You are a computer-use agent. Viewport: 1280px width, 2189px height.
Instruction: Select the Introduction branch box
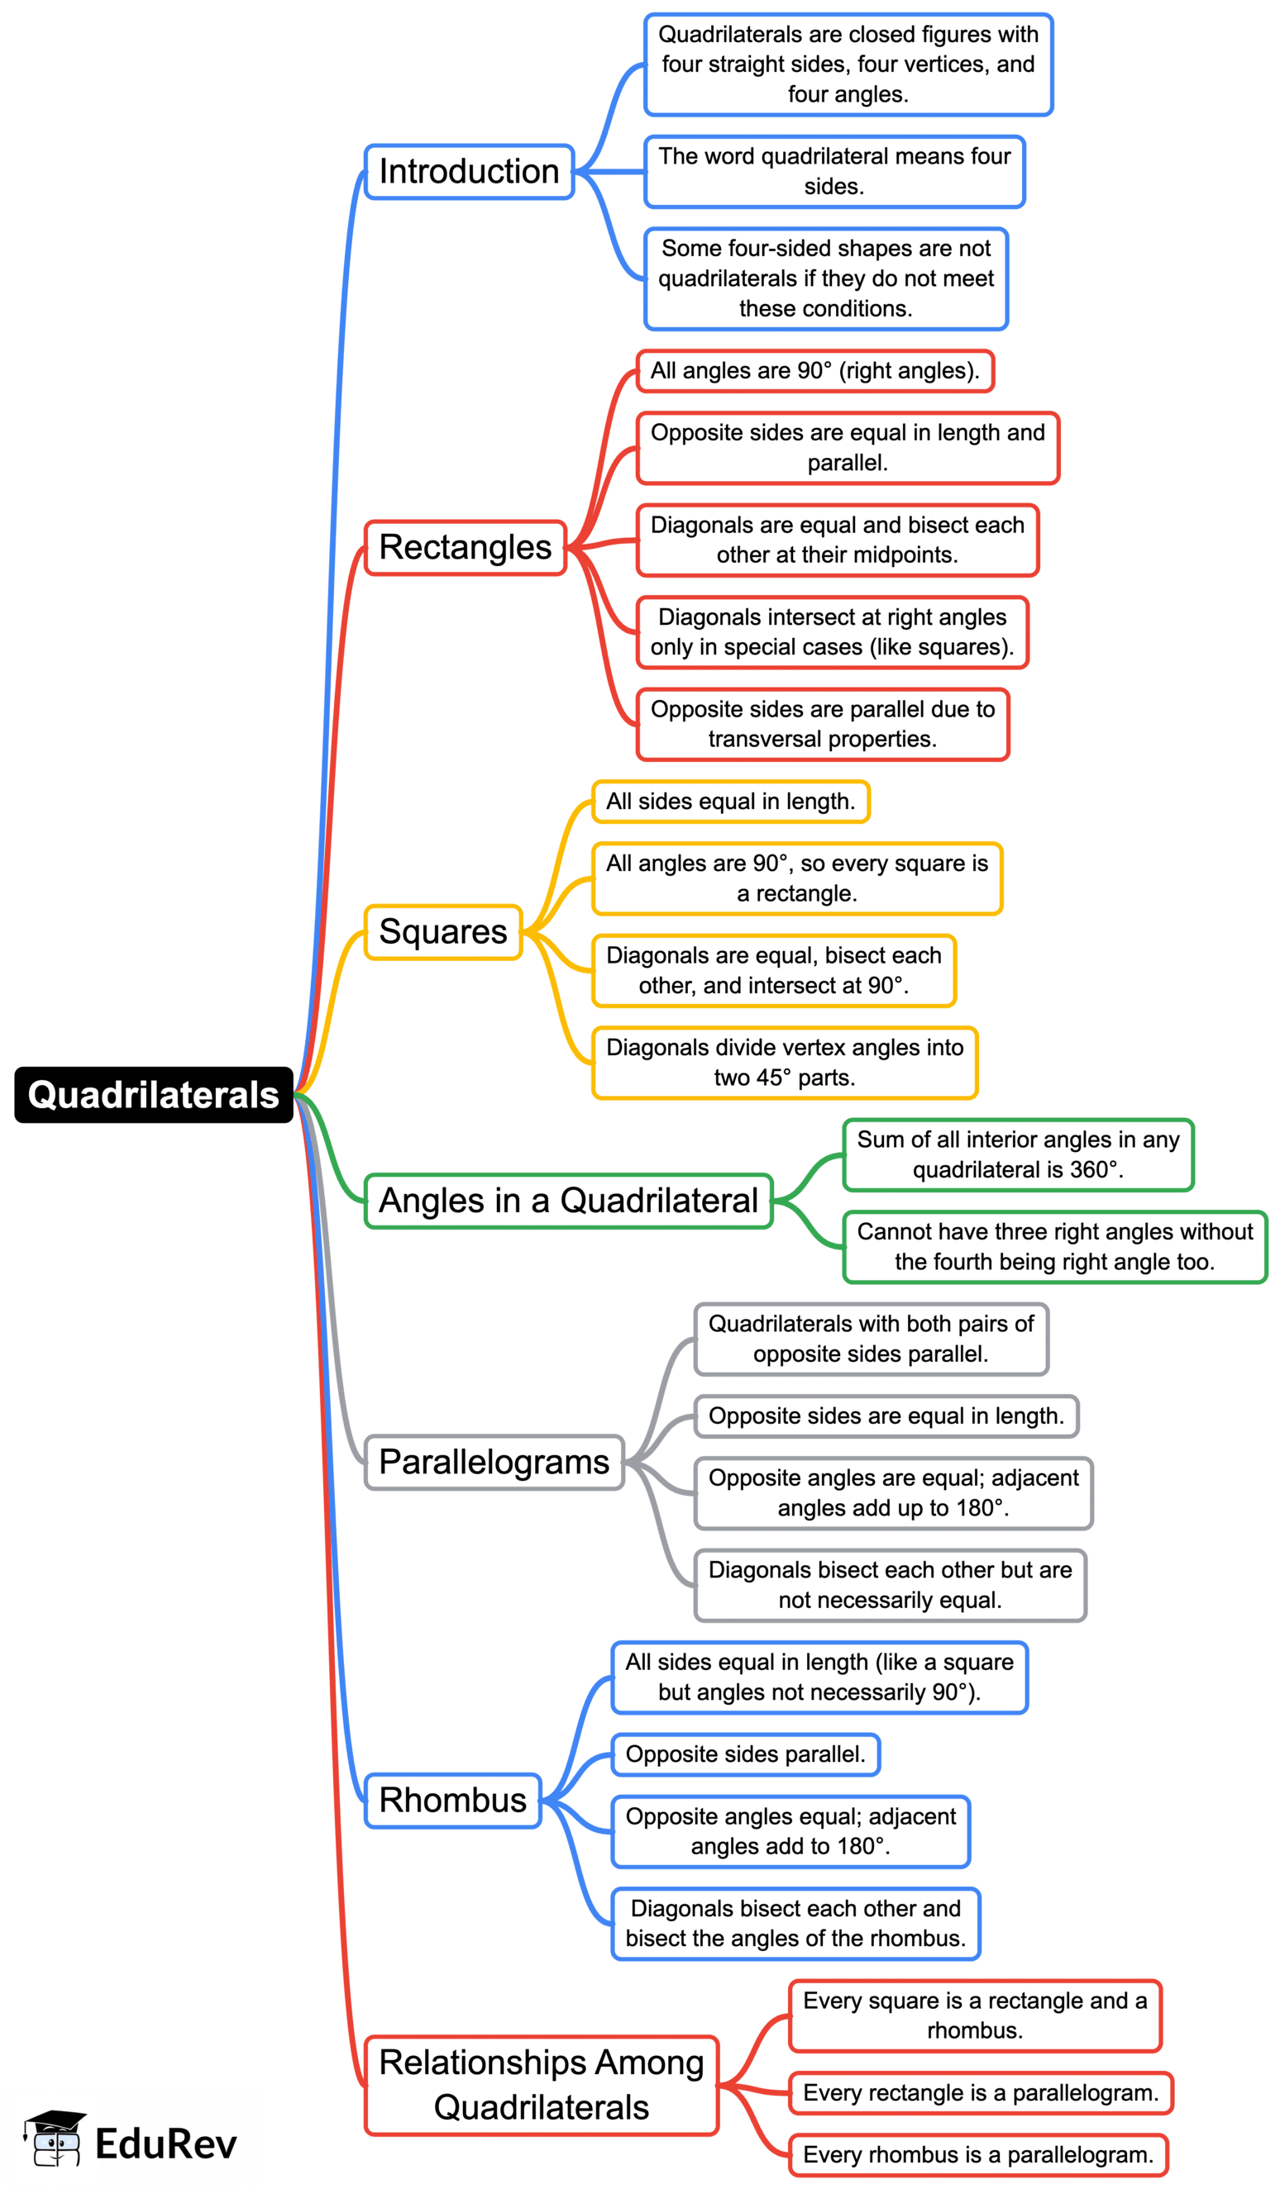(x=469, y=172)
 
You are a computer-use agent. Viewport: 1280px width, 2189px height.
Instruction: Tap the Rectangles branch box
(x=466, y=548)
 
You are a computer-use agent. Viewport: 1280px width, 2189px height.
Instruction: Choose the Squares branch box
(x=443, y=932)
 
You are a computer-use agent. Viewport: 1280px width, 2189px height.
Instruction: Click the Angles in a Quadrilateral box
(x=568, y=1202)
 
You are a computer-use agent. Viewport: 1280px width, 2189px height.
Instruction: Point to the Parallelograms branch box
(x=494, y=1463)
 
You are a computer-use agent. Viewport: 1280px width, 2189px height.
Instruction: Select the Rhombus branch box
(x=453, y=1801)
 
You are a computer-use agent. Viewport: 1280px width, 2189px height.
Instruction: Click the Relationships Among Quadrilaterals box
(x=542, y=2085)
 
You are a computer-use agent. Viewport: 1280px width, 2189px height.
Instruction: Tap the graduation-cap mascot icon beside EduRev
(x=55, y=2138)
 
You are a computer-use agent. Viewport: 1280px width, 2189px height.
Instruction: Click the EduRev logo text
(x=165, y=2144)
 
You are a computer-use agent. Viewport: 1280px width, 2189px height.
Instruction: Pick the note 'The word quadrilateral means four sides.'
(x=834, y=172)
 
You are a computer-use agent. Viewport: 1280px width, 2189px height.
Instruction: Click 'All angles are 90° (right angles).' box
(x=815, y=371)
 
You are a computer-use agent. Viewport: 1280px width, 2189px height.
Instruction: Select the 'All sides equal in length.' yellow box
(x=731, y=802)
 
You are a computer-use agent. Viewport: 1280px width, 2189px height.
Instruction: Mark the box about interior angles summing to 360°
(x=1019, y=1154)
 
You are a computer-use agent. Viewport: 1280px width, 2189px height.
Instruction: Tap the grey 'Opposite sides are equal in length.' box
(x=886, y=1416)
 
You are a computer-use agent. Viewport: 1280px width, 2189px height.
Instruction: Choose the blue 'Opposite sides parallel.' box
(x=746, y=1754)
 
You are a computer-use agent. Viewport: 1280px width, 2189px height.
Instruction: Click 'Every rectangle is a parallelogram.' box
(x=981, y=2093)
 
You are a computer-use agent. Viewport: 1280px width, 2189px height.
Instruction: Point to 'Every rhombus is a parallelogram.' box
(x=978, y=2155)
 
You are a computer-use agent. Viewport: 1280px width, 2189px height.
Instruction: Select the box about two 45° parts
(x=785, y=1064)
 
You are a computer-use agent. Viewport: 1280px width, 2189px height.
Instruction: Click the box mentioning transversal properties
(x=823, y=725)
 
